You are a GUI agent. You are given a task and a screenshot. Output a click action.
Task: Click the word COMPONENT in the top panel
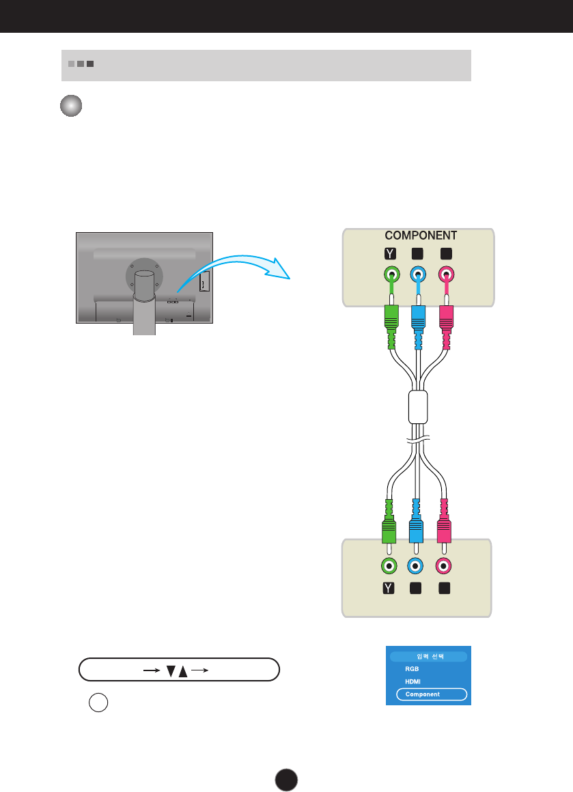pyautogui.click(x=421, y=236)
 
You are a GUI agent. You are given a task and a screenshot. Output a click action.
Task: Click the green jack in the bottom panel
pyautogui.click(x=388, y=565)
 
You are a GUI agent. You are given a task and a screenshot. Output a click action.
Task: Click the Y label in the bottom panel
pyautogui.click(x=388, y=589)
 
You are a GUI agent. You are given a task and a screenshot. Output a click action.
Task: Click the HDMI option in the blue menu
pyautogui.click(x=413, y=681)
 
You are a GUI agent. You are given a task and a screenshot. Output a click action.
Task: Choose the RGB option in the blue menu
pyautogui.click(x=412, y=670)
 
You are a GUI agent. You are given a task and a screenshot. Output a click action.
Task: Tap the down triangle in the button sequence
pyautogui.click(x=172, y=670)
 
